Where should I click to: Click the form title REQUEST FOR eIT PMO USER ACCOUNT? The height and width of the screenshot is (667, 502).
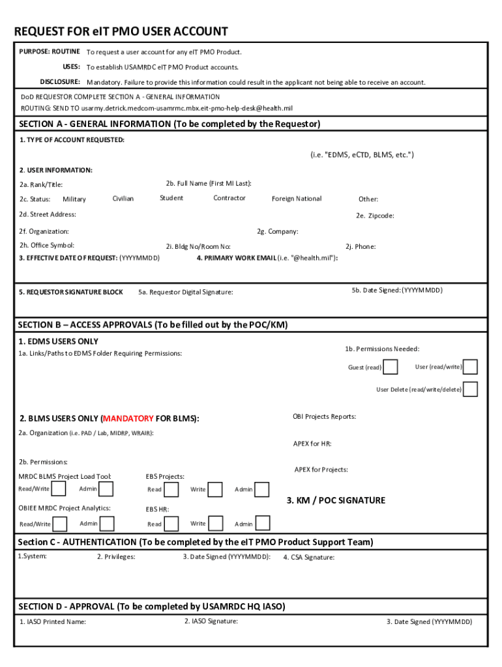(x=121, y=31)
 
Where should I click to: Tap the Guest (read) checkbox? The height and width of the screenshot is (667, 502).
(x=390, y=367)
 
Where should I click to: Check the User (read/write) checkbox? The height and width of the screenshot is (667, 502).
(x=470, y=367)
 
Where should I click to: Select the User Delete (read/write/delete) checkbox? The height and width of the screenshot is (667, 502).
(x=470, y=389)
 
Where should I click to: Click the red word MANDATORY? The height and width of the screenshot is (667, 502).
(x=128, y=418)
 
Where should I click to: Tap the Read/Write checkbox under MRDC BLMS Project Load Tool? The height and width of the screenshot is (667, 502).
(x=59, y=489)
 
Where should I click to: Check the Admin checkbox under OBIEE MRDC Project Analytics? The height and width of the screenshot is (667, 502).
(x=107, y=524)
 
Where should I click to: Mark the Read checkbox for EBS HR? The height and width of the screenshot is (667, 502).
(x=172, y=524)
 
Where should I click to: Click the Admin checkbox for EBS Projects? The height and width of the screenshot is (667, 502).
(x=262, y=489)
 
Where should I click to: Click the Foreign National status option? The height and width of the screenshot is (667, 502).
(x=297, y=199)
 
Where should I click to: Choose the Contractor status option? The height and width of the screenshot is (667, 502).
(x=229, y=198)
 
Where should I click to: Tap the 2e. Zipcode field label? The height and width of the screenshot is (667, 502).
(x=375, y=216)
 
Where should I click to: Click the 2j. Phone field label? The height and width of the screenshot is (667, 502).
(x=361, y=247)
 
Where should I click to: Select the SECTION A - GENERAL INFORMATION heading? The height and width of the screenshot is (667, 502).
(x=170, y=124)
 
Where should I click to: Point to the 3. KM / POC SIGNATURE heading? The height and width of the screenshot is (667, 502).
(x=336, y=500)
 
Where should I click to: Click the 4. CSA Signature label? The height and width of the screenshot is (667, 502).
(x=309, y=558)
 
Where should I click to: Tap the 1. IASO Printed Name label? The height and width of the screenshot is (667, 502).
(x=52, y=621)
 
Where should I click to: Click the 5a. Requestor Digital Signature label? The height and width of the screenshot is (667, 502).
(x=186, y=292)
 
